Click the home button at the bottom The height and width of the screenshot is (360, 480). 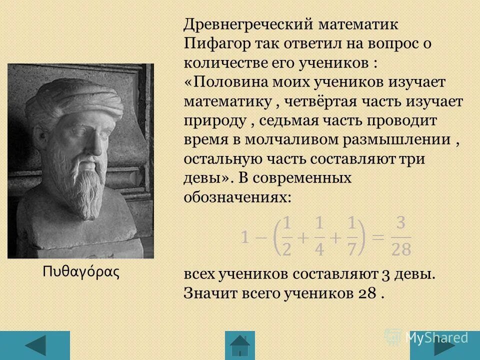tap(240, 345)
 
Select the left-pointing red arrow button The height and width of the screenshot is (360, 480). tap(35, 345)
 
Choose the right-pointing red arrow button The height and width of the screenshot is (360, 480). tap(444, 345)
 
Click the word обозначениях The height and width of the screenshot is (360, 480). tap(237, 196)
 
